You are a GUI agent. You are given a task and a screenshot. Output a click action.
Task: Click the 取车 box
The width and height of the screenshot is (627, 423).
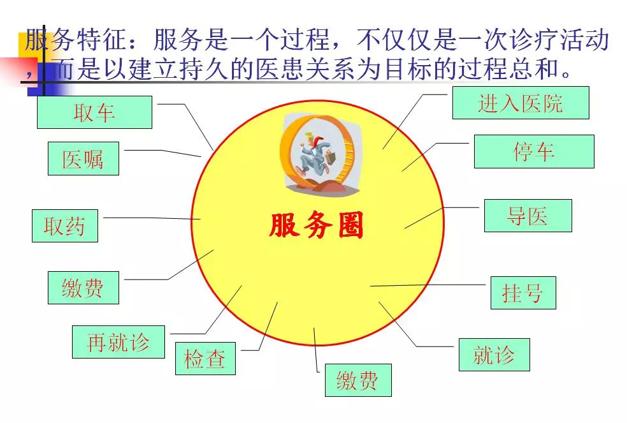94,112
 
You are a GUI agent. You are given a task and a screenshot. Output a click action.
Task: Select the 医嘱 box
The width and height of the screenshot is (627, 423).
83,159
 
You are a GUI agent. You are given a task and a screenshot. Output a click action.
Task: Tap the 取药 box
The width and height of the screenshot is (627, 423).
65,225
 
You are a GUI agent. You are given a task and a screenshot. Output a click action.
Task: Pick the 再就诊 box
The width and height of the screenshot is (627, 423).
119,342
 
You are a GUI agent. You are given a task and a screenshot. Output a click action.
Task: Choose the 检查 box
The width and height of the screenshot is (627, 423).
205,359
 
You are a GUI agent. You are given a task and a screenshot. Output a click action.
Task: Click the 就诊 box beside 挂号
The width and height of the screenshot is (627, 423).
494,355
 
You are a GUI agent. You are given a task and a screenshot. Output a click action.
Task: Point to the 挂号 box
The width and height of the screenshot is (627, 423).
523,293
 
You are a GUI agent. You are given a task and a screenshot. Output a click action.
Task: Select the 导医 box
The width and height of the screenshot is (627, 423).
528,216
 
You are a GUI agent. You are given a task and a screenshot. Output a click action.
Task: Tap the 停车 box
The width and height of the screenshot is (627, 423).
534,151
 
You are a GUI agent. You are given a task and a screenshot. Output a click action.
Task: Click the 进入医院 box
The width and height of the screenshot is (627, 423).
521,103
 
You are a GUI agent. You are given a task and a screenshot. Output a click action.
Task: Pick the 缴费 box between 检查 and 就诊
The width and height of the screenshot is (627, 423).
358,380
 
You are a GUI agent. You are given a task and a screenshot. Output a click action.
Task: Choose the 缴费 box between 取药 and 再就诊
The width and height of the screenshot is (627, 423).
83,288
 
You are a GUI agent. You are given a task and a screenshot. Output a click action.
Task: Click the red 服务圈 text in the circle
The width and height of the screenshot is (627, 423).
316,225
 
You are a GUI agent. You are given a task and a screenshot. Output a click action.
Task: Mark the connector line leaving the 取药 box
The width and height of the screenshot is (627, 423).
152,218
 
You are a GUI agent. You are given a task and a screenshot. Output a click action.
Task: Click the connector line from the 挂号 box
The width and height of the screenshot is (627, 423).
428,285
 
